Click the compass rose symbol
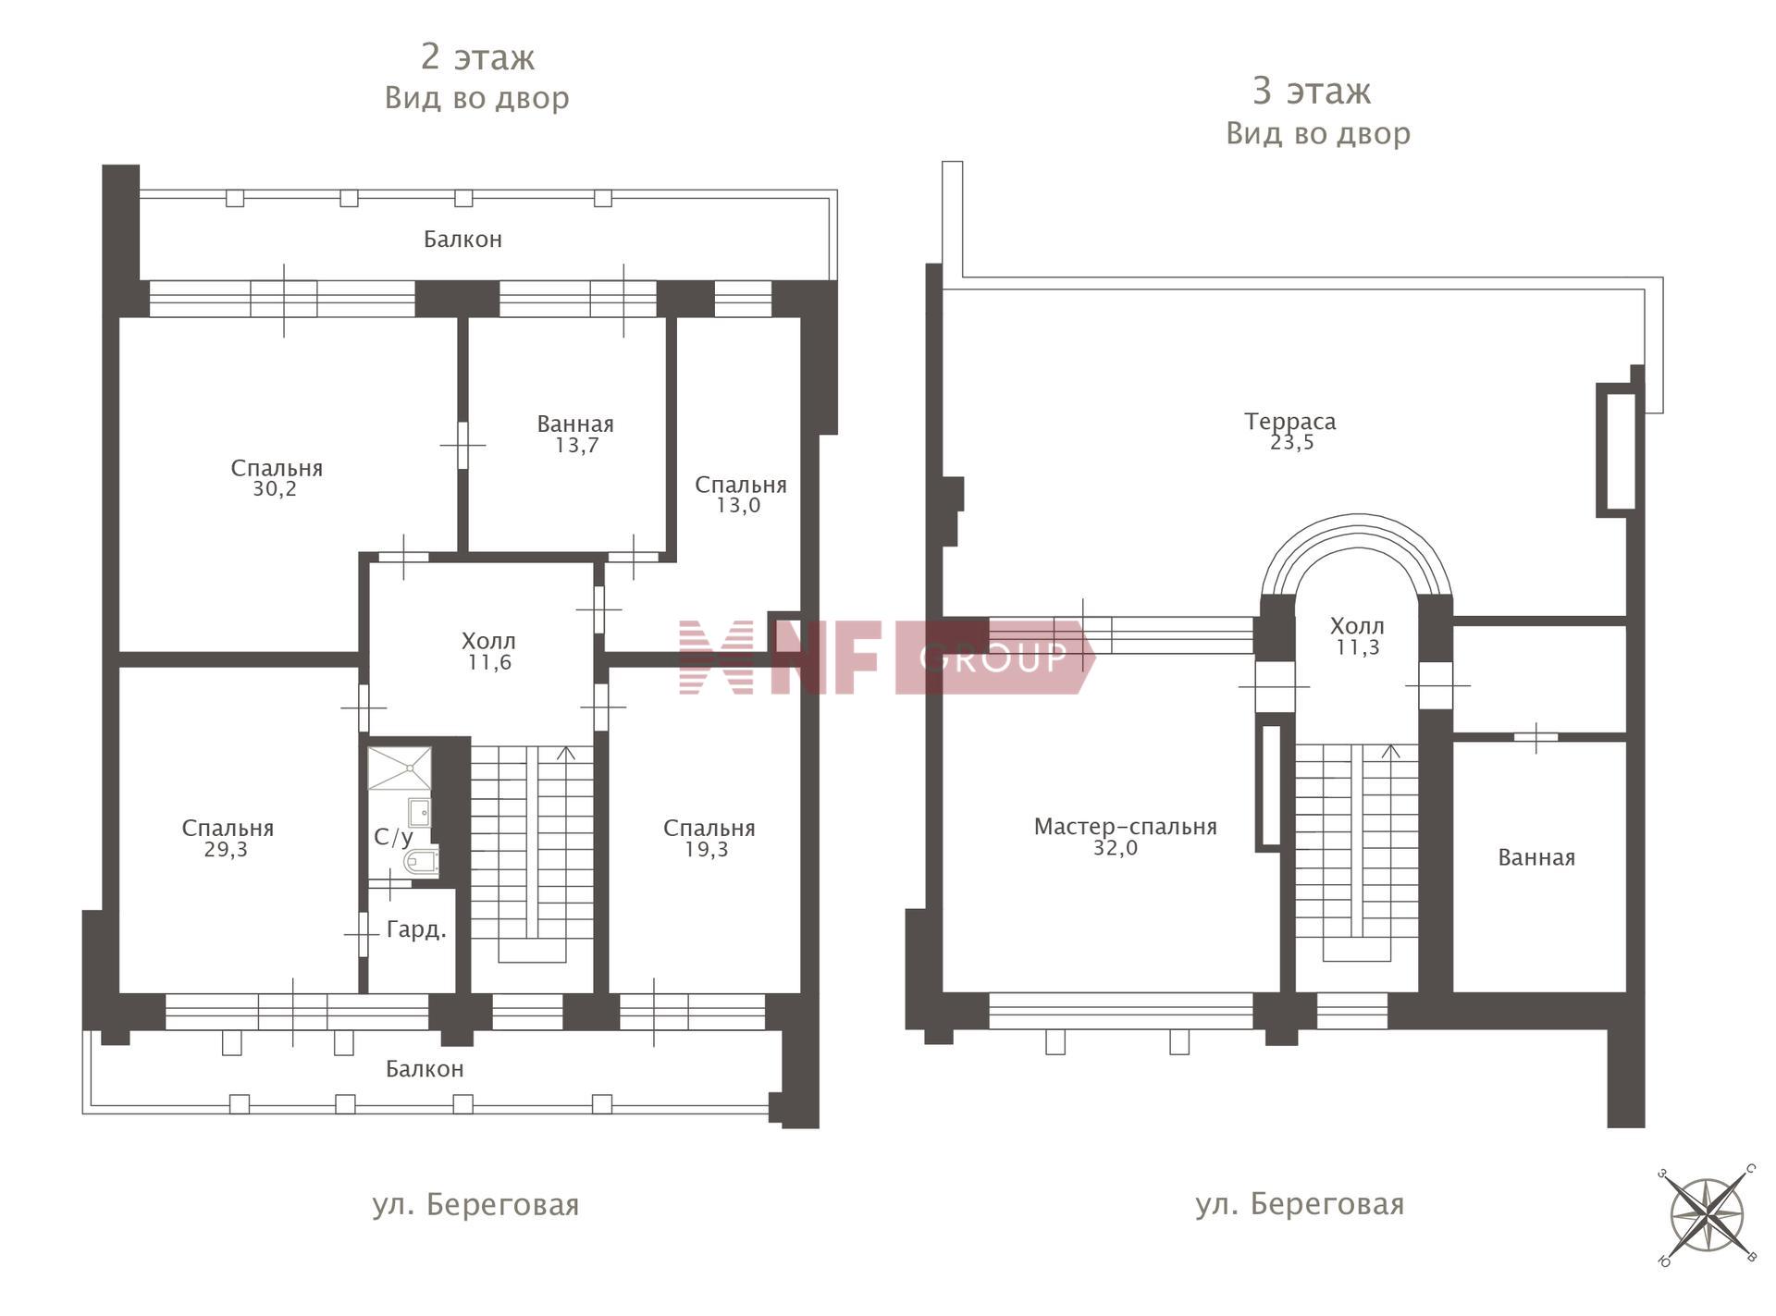[x=1707, y=1214]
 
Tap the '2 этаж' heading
[x=477, y=57]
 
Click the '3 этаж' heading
[x=1312, y=91]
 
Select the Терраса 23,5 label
[x=1290, y=431]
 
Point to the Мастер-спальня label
[x=1125, y=826]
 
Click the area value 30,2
[x=275, y=489]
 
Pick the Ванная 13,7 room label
[x=575, y=434]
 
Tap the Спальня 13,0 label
[x=740, y=495]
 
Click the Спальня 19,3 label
[x=709, y=838]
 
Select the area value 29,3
[x=226, y=849]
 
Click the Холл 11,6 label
[x=488, y=651]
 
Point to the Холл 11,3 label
[x=1357, y=636]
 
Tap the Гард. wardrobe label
[x=416, y=929]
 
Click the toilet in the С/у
[x=421, y=861]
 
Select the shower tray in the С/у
[x=400, y=769]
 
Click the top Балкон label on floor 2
[x=462, y=239]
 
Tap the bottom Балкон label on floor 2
[x=425, y=1068]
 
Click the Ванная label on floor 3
[x=1536, y=857]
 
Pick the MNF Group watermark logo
[x=886, y=657]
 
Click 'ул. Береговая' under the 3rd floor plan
[x=1300, y=1204]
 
